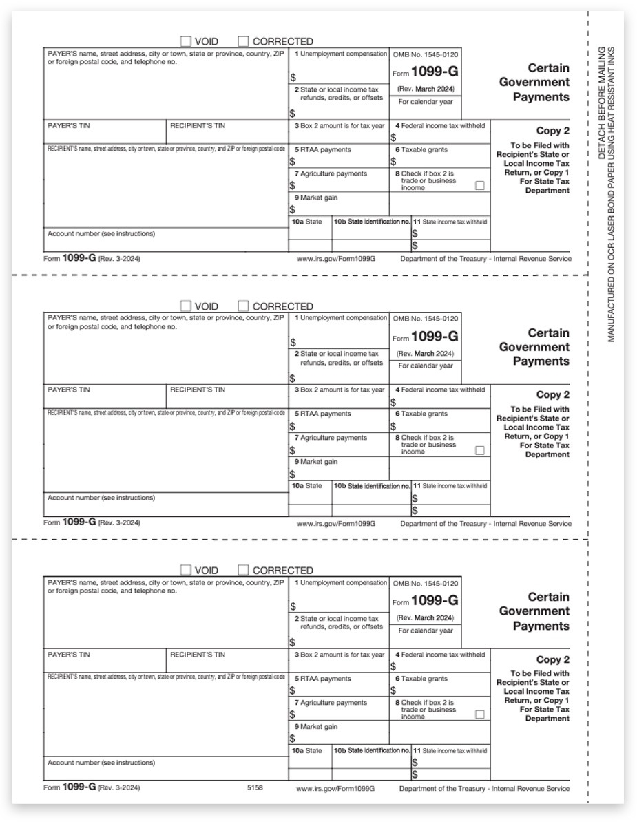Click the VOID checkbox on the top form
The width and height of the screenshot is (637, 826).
pos(185,41)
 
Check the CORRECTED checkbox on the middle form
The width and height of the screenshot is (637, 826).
pos(243,306)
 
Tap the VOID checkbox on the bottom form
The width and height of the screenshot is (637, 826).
pos(185,570)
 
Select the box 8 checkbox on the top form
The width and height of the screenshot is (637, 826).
pos(480,185)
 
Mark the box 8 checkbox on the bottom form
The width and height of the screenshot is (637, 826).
pos(480,714)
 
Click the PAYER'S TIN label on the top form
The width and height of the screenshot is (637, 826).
pos(69,126)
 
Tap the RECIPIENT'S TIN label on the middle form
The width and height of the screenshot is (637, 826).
pos(198,390)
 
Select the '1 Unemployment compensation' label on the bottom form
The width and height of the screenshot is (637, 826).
pos(341,583)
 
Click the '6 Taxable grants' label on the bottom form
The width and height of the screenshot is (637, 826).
pos(421,679)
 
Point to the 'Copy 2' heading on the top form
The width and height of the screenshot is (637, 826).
pos(553,131)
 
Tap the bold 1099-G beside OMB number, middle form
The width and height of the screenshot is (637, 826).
pos(435,337)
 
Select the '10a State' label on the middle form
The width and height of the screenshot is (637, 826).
pos(308,486)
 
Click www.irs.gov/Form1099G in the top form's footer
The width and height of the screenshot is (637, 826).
pos(336,259)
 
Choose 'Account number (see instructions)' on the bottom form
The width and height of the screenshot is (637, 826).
pos(101,763)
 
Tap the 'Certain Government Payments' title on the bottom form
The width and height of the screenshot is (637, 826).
pos(534,611)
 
